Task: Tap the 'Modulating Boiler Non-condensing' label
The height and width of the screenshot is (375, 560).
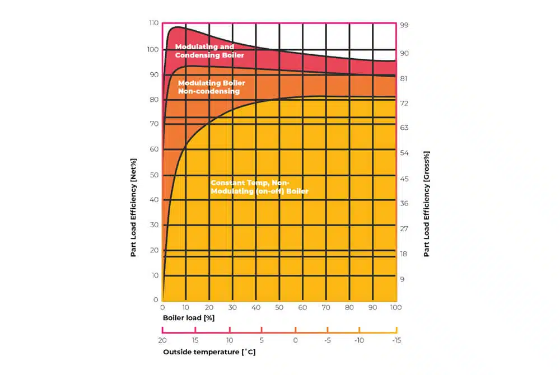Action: [211, 87]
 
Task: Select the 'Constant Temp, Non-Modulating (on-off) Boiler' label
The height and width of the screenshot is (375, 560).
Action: [259, 187]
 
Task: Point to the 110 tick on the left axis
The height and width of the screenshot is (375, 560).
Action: [153, 23]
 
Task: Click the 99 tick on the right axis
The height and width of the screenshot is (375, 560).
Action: [404, 26]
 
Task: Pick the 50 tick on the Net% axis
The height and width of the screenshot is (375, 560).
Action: [153, 175]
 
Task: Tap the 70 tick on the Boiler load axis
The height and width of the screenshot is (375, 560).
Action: [326, 307]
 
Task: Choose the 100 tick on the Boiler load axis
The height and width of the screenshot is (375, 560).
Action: [396, 307]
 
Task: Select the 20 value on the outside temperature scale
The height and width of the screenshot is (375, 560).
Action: [162, 340]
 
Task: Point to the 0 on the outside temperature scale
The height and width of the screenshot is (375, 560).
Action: [295, 340]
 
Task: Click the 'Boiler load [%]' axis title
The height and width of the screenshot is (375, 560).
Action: [189, 318]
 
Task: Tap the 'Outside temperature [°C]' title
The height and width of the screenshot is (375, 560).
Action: [209, 352]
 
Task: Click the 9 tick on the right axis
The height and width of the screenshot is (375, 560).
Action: [402, 279]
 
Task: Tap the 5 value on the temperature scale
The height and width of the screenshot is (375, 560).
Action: [262, 340]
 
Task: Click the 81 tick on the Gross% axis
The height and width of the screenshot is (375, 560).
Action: [404, 78]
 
